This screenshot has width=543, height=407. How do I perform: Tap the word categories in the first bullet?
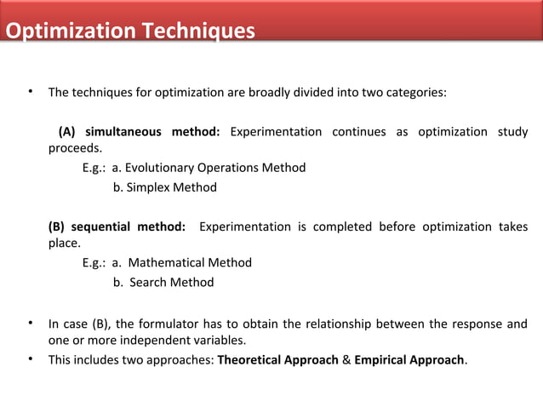[414, 92]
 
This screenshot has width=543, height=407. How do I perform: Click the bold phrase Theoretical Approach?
[277, 359]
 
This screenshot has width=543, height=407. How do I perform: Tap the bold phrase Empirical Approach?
[409, 359]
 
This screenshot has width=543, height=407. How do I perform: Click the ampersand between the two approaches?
[346, 359]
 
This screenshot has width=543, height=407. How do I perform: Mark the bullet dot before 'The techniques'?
[31, 91]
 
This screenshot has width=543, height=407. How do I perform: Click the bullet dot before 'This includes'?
[31, 358]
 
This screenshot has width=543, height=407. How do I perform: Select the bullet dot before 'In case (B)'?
[31, 323]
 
